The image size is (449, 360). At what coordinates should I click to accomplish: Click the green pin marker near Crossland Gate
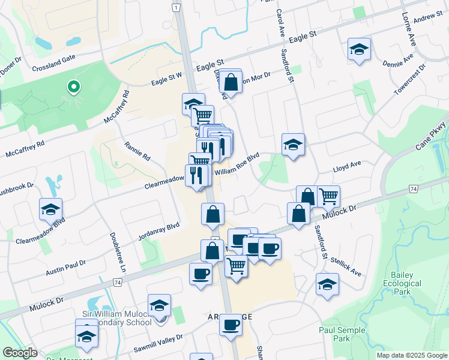tap(73, 88)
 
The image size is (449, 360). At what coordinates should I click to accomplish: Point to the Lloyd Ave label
tap(348, 164)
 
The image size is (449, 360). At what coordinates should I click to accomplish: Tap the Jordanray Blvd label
tap(158, 232)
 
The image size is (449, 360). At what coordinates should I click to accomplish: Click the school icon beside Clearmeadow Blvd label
tap(50, 209)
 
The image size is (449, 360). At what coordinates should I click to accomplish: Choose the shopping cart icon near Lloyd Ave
tap(328, 196)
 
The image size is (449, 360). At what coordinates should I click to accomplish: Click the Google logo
tap(20, 353)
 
